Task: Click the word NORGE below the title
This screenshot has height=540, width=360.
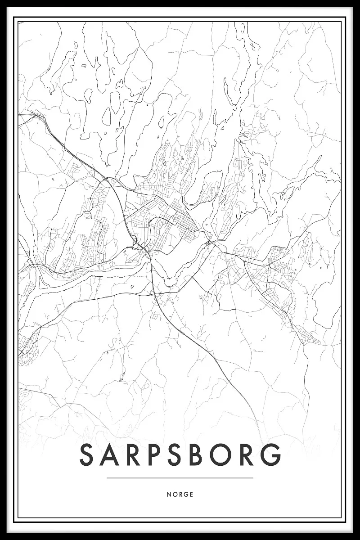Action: pos(180,494)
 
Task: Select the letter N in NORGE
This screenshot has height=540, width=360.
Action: pos(169,494)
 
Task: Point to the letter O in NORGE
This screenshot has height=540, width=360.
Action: pos(174,494)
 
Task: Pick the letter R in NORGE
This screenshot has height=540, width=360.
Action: pos(180,494)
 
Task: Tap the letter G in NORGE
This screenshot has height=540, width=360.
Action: pos(185,494)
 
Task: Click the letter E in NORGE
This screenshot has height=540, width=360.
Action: pos(191,494)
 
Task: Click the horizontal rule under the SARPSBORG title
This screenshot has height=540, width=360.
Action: pos(180,478)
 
